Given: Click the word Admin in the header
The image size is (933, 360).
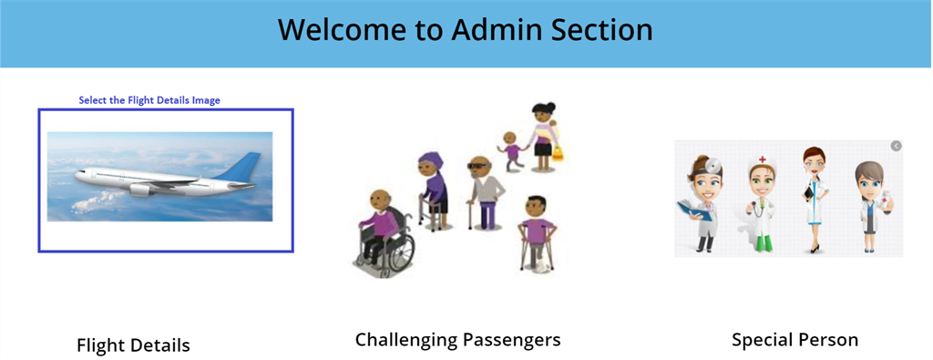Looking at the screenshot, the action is tap(497, 30).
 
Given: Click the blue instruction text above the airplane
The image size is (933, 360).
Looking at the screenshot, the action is tap(149, 100).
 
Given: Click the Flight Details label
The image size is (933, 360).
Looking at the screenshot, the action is tap(133, 345).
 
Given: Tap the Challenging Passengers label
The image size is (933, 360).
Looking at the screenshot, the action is tap(458, 340).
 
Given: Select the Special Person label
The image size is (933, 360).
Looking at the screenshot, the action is tap(795, 340).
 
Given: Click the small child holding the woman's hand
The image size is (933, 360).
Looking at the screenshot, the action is tap(510, 150).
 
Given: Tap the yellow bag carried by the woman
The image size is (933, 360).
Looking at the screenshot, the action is tap(557, 152).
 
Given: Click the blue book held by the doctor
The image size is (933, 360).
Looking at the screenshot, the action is tap(692, 210).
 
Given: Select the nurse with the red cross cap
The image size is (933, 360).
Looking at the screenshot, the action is tap(761, 202).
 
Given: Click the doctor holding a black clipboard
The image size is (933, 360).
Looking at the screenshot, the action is tap(815, 200).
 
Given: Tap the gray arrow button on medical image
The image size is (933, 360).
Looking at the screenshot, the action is tap(897, 146).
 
